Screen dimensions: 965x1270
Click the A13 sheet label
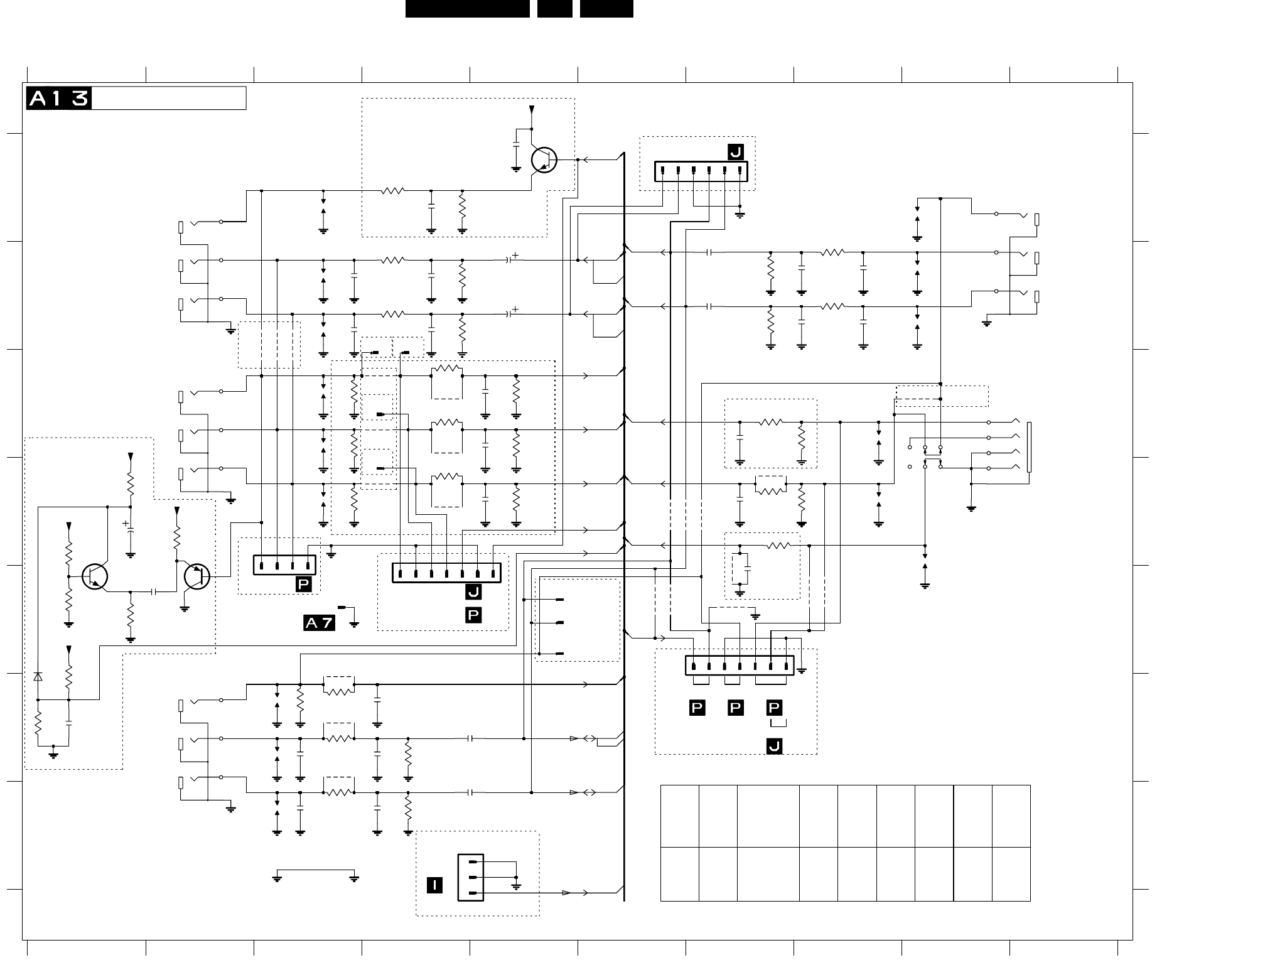(x=59, y=99)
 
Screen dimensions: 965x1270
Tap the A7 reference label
(x=320, y=623)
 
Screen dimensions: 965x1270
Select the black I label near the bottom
(x=434, y=885)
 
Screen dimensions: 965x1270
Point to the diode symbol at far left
(x=38, y=677)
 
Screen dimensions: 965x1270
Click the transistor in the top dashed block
(x=544, y=160)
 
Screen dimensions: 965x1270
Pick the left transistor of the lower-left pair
(x=95, y=576)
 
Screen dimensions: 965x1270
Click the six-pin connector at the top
(x=701, y=171)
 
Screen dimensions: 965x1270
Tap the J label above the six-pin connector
(x=735, y=152)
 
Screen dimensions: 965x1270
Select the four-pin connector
(x=284, y=565)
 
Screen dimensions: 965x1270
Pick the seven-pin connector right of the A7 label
(x=446, y=573)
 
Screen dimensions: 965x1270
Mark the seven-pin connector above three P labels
(x=740, y=666)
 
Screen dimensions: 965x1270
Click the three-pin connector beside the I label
(x=471, y=878)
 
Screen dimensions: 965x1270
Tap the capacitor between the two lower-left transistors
(x=154, y=591)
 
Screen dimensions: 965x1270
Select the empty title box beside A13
(x=169, y=99)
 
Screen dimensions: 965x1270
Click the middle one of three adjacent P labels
(x=735, y=708)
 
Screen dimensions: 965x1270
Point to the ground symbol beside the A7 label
(x=354, y=623)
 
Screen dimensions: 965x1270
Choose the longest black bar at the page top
(x=467, y=9)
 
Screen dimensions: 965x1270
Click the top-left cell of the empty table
(x=680, y=816)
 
